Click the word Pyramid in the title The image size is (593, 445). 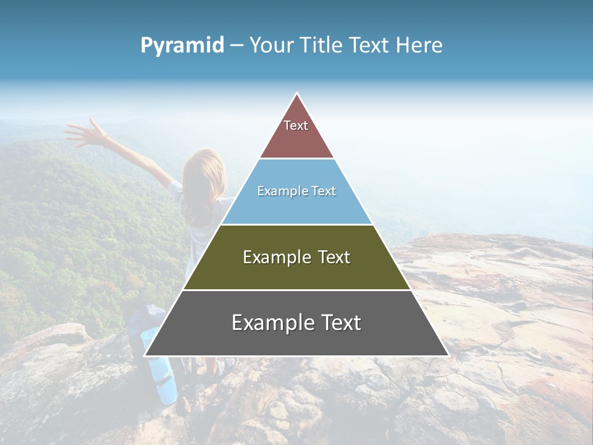[182, 46]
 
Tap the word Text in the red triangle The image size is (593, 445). [296, 125]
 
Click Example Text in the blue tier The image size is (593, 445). [296, 191]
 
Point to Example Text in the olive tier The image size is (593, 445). [296, 257]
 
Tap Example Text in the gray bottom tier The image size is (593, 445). [296, 323]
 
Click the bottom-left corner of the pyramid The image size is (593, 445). [146, 355]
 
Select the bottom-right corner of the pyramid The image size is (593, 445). [447, 355]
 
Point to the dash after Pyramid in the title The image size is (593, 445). [237, 46]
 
